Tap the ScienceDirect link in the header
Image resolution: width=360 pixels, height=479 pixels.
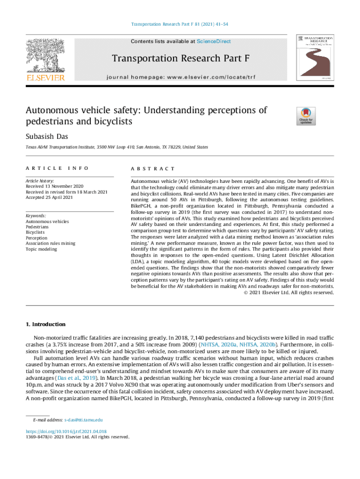tap(214, 42)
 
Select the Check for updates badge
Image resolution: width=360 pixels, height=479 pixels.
tap(306, 116)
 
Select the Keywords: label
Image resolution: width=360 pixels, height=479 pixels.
tap(36, 216)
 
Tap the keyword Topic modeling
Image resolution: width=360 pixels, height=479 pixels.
tap(41, 249)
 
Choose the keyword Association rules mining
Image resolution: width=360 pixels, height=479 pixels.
tap(50, 244)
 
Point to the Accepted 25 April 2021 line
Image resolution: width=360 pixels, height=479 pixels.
tap(49, 197)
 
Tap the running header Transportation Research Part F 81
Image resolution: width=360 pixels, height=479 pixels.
tap(180, 24)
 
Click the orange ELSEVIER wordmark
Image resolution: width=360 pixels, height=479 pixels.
tap(45, 78)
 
